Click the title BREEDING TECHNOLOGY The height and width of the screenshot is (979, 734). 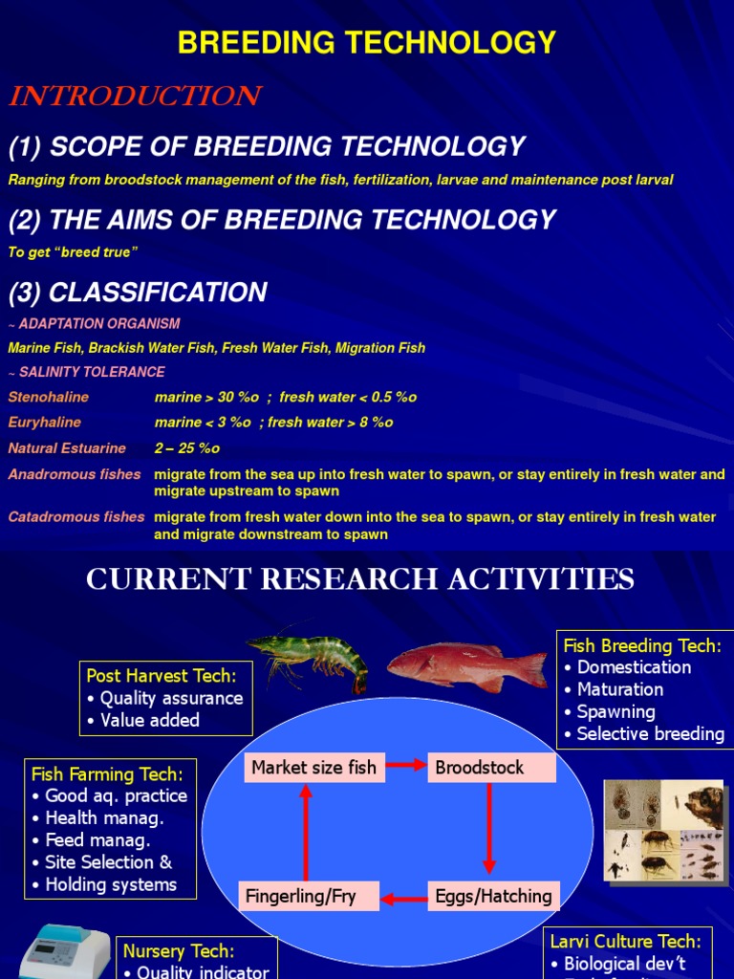367,43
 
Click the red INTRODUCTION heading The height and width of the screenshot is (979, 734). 135,97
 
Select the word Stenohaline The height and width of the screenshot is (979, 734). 49,397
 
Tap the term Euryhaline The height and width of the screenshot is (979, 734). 45,423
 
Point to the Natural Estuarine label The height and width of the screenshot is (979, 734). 67,448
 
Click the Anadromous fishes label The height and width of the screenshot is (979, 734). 75,474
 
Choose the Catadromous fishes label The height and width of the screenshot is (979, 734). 76,517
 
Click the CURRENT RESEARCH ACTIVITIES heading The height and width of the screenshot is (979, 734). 360,579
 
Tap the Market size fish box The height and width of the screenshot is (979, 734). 313,768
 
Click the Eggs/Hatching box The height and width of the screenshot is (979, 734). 493,896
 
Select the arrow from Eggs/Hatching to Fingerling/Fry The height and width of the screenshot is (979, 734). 403,897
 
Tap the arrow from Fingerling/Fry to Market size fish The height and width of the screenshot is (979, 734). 306,832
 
